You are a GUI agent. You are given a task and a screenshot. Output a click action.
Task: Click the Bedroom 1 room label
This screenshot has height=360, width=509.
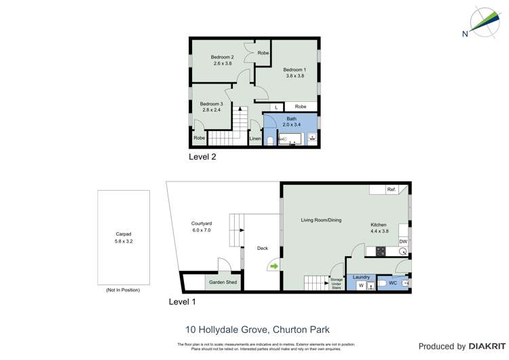click(295, 69)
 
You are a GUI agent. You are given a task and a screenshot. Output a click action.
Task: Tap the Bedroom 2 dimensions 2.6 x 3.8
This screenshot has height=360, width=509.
click(223, 64)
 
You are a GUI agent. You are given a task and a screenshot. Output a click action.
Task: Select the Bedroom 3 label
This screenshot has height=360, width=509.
click(211, 103)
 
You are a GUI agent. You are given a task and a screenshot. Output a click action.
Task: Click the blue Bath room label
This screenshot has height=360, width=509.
click(291, 119)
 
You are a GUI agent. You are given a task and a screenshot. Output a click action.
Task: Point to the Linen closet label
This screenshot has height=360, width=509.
click(255, 139)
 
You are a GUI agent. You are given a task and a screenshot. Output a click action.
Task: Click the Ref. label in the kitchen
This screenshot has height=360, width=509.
click(392, 190)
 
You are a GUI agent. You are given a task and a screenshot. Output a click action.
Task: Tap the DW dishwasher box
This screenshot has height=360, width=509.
click(403, 241)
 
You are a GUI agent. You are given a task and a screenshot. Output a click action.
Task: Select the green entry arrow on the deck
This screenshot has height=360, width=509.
click(274, 266)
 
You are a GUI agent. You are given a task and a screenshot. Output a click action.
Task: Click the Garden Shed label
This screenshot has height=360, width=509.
click(223, 282)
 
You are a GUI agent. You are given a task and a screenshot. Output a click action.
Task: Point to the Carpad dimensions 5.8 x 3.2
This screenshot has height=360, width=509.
click(124, 241)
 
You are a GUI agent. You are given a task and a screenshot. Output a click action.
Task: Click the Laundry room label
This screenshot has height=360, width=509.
click(361, 277)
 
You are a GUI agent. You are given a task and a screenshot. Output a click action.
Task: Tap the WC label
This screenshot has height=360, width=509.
click(392, 283)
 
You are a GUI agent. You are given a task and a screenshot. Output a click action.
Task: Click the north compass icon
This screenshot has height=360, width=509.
click(483, 23)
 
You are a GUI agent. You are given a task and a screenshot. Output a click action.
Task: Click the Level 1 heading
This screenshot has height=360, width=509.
click(183, 301)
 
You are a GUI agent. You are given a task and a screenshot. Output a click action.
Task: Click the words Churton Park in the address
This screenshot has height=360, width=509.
click(301, 330)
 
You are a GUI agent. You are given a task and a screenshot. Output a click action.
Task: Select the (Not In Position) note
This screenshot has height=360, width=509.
click(123, 290)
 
